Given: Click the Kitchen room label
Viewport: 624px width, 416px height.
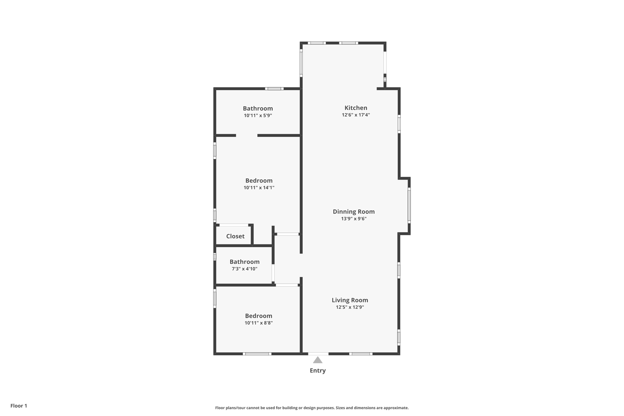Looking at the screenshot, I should [x=356, y=108].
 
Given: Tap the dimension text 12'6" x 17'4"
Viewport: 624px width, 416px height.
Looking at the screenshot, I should [x=356, y=115].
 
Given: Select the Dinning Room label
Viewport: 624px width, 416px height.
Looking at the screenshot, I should [x=353, y=212].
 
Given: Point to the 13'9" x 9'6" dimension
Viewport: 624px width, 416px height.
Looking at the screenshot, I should [x=353, y=219].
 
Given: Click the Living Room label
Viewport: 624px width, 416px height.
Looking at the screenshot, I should [x=350, y=300].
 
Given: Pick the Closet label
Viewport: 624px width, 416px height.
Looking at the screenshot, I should [x=235, y=236].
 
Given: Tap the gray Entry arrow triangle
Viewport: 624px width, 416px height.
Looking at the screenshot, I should [x=317, y=360].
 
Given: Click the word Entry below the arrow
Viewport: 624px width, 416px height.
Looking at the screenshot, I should [x=317, y=371].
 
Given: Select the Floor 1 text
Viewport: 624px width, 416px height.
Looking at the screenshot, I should [x=19, y=406].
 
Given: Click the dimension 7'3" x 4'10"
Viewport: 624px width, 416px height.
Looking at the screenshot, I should [x=244, y=269].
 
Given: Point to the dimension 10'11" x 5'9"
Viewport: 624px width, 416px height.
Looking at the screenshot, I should [x=258, y=116].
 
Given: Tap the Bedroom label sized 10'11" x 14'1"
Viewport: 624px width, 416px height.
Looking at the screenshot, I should [x=259, y=181].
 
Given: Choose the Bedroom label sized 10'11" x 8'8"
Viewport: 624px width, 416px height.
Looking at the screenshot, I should [x=258, y=316].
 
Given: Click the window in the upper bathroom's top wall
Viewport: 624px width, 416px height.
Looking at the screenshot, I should [x=274, y=89].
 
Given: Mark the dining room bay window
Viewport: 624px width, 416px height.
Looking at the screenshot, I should [x=409, y=205].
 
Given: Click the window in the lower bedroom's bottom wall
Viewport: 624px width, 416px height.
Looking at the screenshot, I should [x=257, y=354].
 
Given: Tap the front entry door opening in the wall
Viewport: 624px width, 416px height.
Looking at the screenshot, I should [x=318, y=354].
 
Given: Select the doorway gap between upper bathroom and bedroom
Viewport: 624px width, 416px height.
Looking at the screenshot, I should [x=246, y=135].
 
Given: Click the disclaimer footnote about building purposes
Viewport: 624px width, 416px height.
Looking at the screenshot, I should [x=312, y=408].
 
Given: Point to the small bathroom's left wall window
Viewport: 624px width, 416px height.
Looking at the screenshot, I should [x=214, y=257].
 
